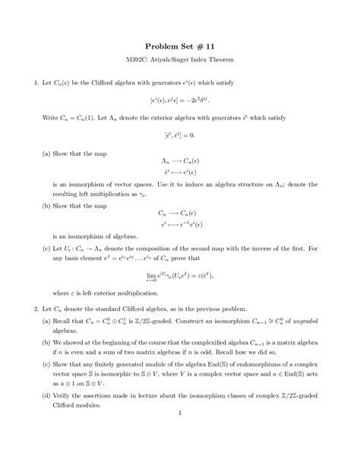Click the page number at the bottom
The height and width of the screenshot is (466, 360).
point(180,414)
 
